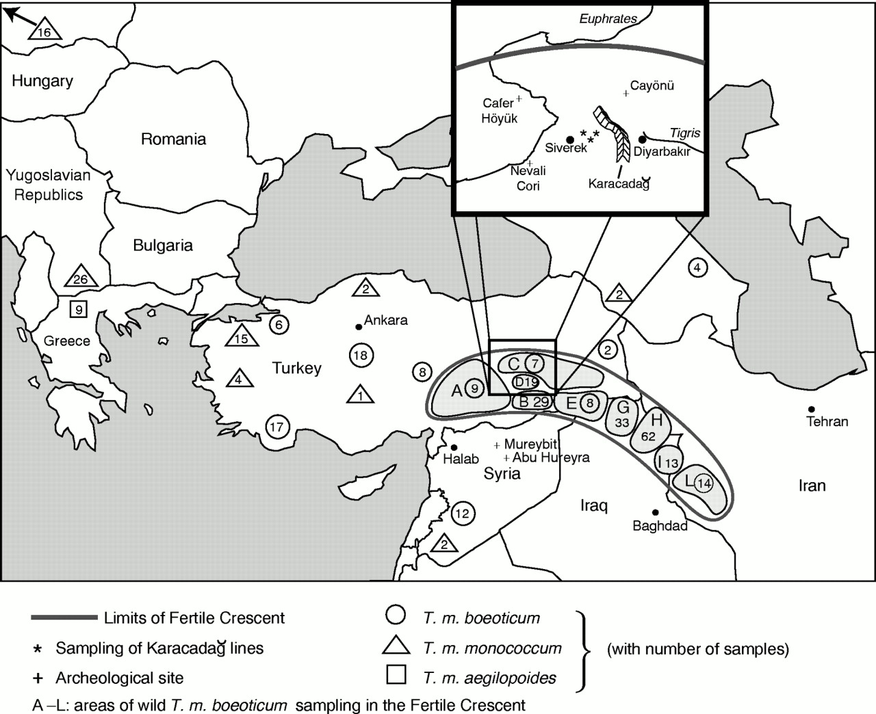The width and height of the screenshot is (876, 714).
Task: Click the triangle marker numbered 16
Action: [x=45, y=29]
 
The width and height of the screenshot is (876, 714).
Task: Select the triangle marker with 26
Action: [x=81, y=276]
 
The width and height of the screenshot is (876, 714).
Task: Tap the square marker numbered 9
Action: [x=79, y=309]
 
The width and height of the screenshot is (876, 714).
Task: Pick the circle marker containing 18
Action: [x=361, y=356]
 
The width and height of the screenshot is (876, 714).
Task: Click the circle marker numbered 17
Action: [x=277, y=427]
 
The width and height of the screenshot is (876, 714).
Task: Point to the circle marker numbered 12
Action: [x=463, y=514]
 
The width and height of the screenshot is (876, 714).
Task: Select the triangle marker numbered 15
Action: [x=242, y=336]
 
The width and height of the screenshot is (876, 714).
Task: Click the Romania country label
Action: [x=173, y=139]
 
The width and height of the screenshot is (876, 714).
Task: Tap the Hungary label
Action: [x=42, y=81]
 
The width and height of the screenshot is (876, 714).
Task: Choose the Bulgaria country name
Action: [x=163, y=246]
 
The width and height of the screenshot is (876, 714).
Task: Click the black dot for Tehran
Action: [x=812, y=409]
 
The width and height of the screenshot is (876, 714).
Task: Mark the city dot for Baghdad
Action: [x=655, y=512]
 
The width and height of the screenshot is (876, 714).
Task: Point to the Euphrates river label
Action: [x=608, y=18]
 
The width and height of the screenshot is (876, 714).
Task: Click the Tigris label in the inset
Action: [x=685, y=133]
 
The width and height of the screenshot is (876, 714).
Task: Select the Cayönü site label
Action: [x=652, y=85]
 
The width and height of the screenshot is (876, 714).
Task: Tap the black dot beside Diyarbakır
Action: [x=642, y=139]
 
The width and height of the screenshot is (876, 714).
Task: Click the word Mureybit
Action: [x=530, y=444]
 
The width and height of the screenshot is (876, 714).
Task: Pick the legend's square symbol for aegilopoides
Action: [x=396, y=674]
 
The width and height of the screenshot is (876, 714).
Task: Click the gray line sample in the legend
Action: [x=64, y=618]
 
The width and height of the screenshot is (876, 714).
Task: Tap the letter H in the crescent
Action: [x=656, y=420]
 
